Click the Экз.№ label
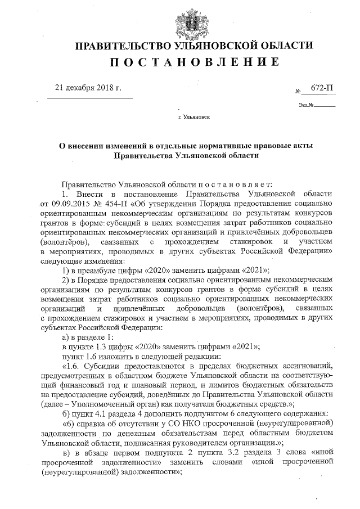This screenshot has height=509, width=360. click(x=306, y=105)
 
